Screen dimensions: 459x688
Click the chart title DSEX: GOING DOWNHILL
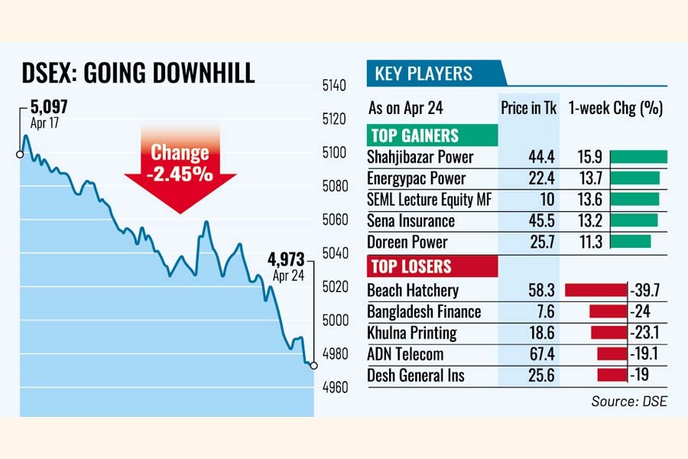pos(137,74)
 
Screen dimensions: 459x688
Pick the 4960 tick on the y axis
pos(336,387)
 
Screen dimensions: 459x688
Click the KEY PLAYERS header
pos(424,74)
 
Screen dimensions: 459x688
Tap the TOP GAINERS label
pos(415,136)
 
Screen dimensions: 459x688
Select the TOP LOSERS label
pos(411,267)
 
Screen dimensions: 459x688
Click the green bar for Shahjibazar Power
pos(639,157)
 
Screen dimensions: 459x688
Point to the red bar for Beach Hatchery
pos(595,290)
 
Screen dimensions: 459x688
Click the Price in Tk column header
pos(529,108)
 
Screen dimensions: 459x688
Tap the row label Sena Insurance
pos(411,221)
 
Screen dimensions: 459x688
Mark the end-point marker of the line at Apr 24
pos(313,366)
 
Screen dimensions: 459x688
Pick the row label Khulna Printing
pos(412,333)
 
